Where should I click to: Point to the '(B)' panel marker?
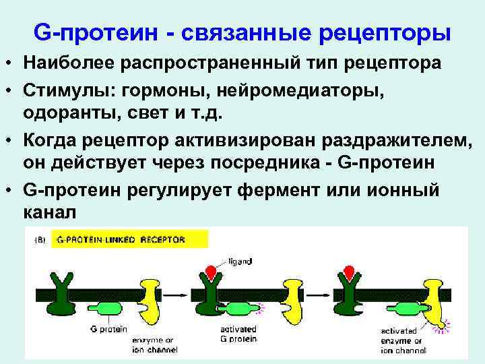(41, 239)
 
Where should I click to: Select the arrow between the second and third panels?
(317, 295)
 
